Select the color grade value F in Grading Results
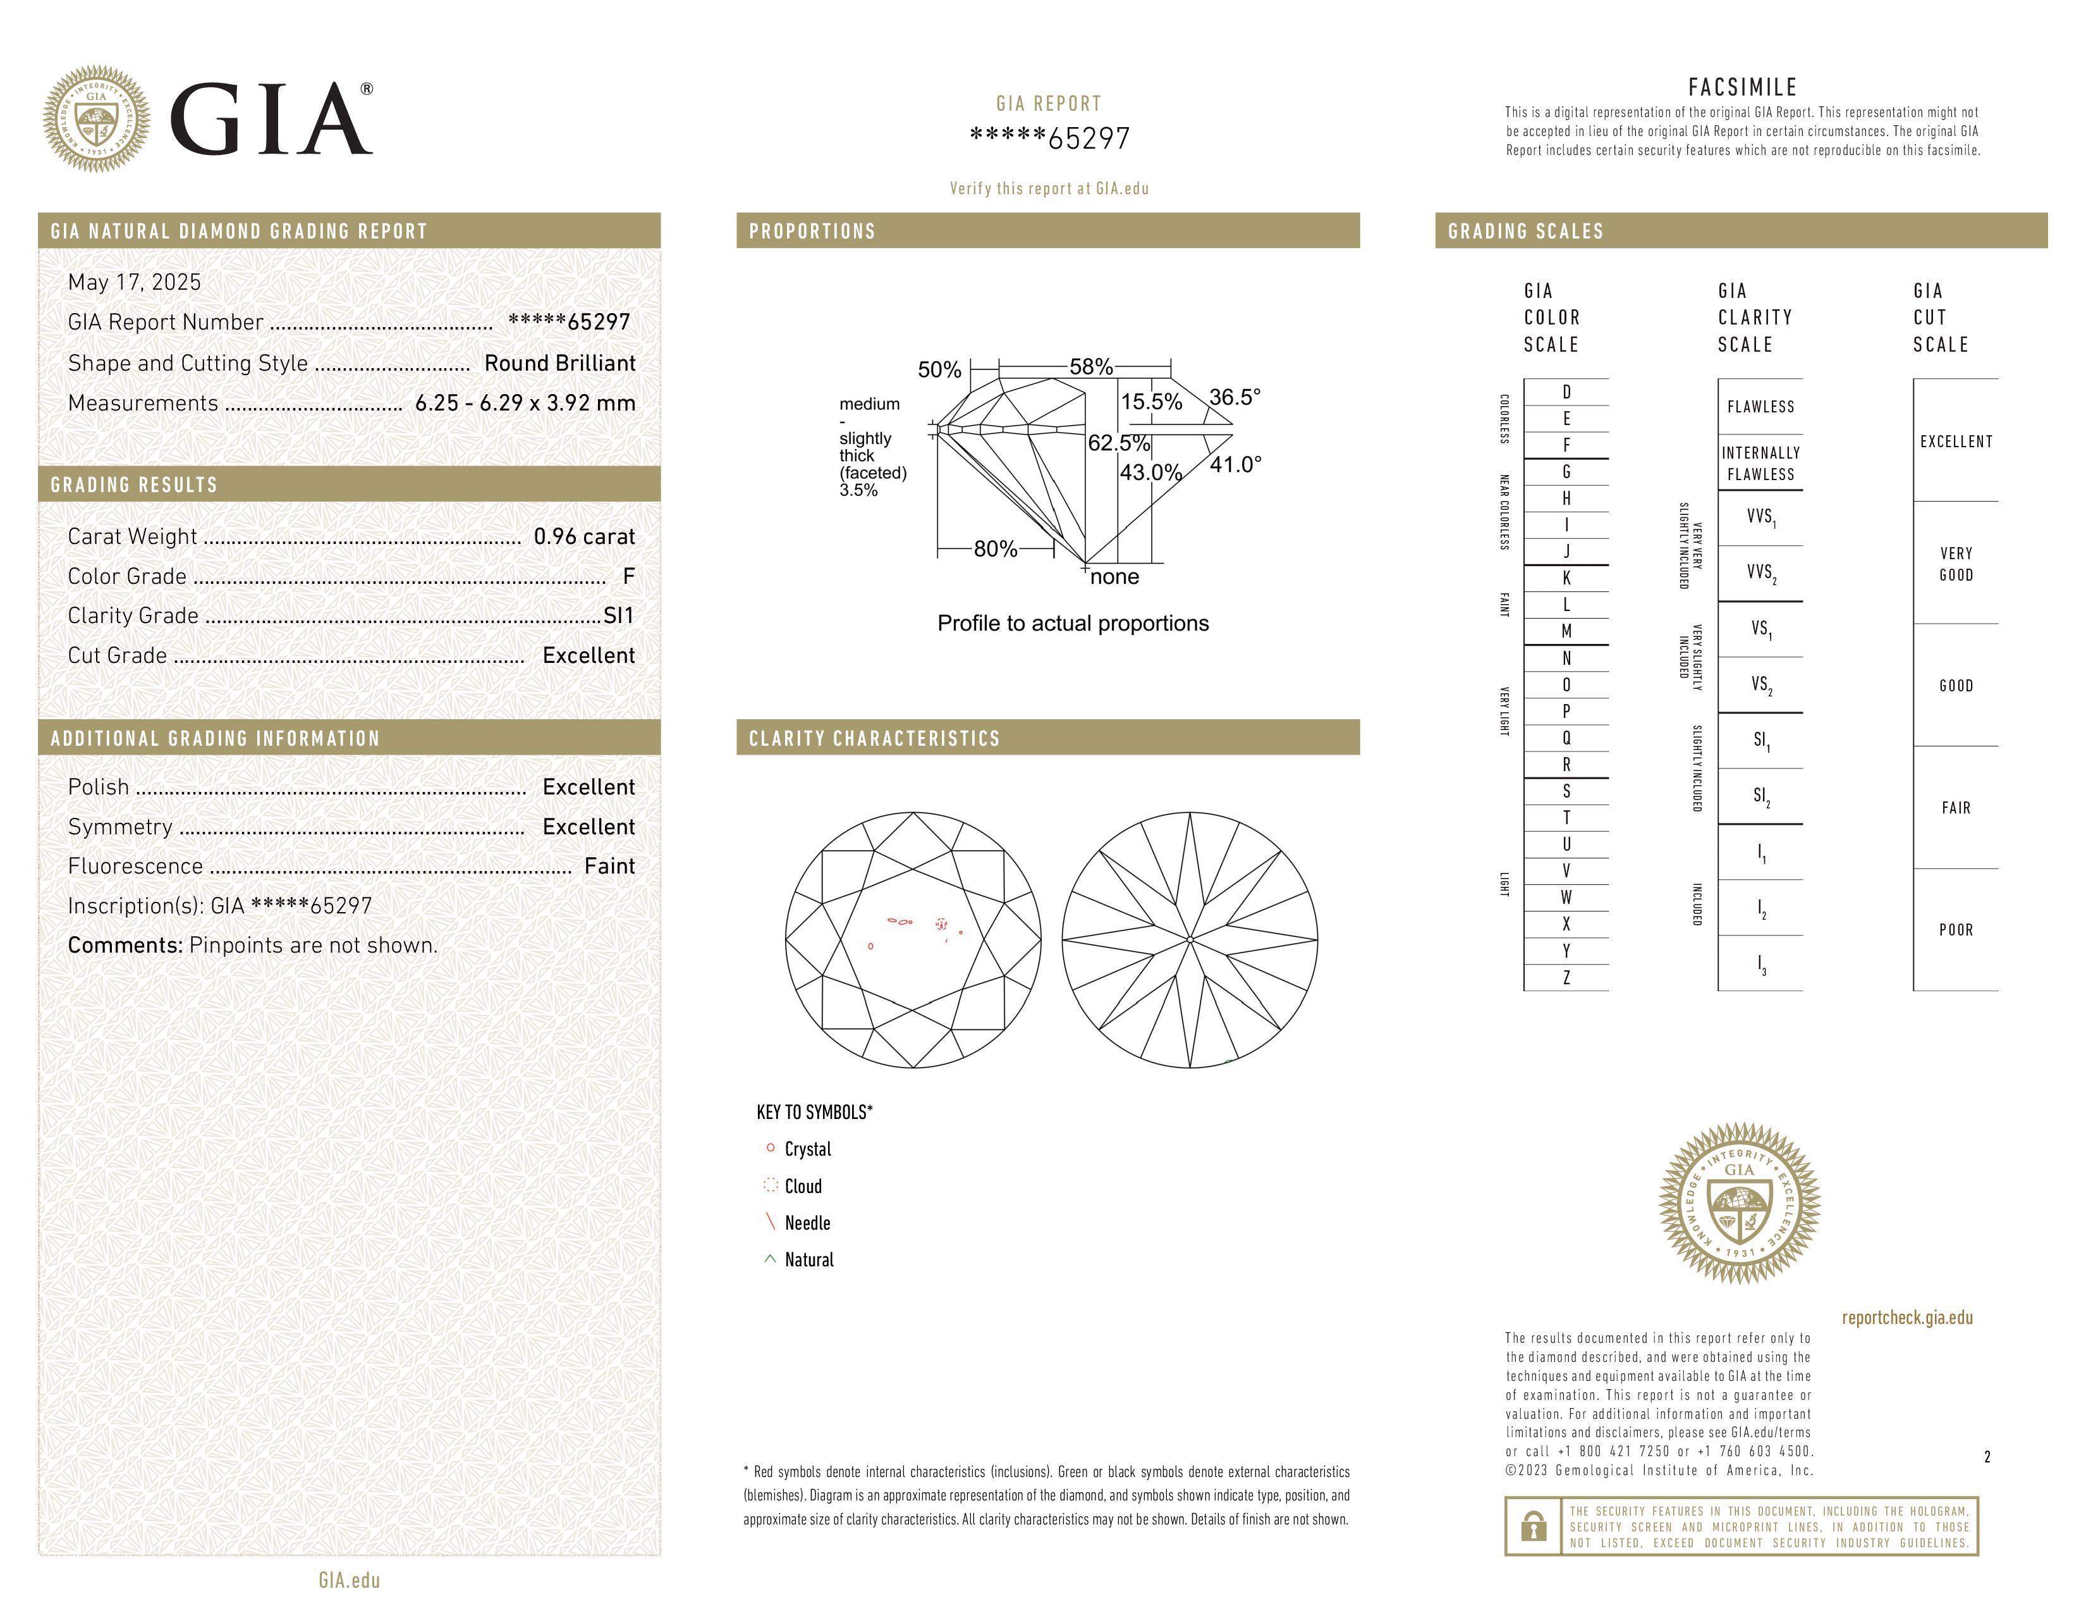(628, 576)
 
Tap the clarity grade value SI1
(619, 616)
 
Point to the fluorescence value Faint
(609, 867)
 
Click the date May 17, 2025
(135, 282)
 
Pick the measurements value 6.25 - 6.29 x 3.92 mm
(525, 404)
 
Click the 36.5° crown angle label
(1235, 397)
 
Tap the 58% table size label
(1091, 367)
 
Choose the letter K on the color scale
(1566, 578)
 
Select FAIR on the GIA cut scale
(1956, 808)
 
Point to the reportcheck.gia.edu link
(1907, 1318)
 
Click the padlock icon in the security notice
(1533, 1526)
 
